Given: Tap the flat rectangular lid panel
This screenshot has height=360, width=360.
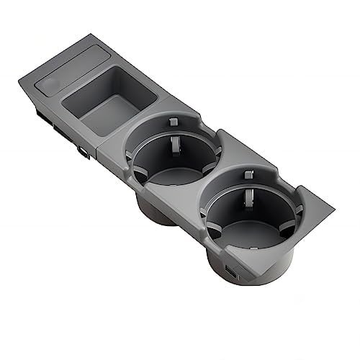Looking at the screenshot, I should click(x=68, y=68).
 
